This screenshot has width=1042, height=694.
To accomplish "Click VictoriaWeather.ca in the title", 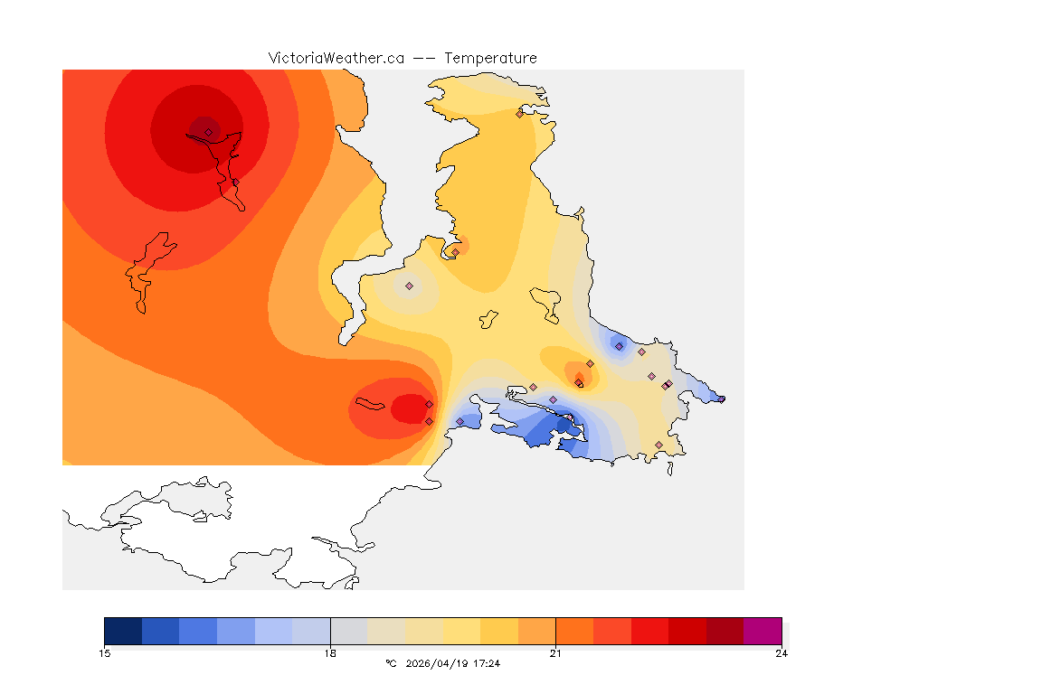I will tap(336, 58).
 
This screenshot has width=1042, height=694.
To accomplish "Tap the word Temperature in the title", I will tap(490, 58).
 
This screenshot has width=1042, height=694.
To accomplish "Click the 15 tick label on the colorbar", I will tap(104, 652).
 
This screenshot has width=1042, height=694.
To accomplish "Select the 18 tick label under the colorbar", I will tap(330, 652).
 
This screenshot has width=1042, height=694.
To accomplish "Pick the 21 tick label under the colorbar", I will tap(555, 652).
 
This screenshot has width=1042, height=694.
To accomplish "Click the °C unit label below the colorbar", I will tap(391, 663).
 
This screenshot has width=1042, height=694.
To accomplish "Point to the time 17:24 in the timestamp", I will tap(487, 663).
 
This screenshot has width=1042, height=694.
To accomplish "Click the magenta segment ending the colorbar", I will tap(763, 631).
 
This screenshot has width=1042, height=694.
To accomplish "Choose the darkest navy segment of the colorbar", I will tap(123, 631).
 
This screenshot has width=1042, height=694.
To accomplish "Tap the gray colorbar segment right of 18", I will tap(349, 631).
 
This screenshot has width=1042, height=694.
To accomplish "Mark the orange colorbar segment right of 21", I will tap(574, 631).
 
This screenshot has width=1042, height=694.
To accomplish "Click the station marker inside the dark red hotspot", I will tap(208, 132).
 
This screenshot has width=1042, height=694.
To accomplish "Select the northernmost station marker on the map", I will tap(519, 114).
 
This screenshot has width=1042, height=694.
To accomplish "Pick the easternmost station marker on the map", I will tap(721, 399).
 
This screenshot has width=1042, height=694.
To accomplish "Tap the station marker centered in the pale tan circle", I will tap(409, 286).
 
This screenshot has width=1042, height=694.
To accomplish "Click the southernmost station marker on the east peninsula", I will tap(658, 445).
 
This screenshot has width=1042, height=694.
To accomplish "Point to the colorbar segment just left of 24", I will tap(725, 631).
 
